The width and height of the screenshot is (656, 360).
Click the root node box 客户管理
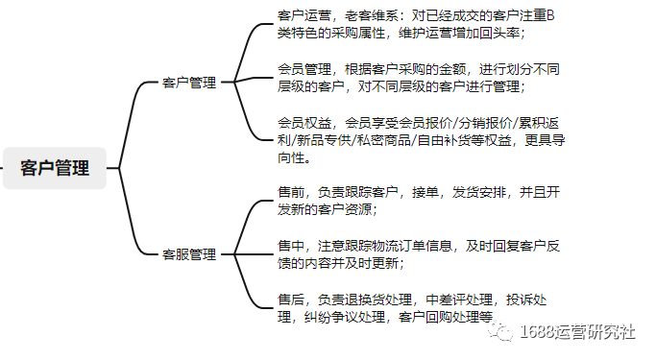coord(55,169)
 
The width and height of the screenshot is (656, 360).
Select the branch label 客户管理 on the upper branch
coord(189,83)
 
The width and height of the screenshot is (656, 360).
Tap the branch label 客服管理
coord(189,254)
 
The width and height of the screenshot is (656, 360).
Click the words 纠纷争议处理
coord(342,316)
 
